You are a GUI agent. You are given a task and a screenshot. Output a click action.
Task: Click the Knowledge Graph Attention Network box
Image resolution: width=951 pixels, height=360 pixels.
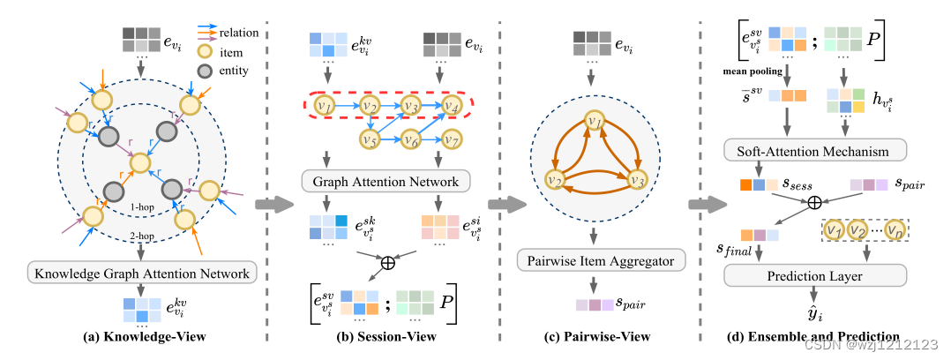(x=142, y=273)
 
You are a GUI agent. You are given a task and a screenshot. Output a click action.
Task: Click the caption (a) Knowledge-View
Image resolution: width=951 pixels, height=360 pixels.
(x=141, y=337)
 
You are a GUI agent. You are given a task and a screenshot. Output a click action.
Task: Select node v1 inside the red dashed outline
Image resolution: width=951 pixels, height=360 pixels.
(x=326, y=108)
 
